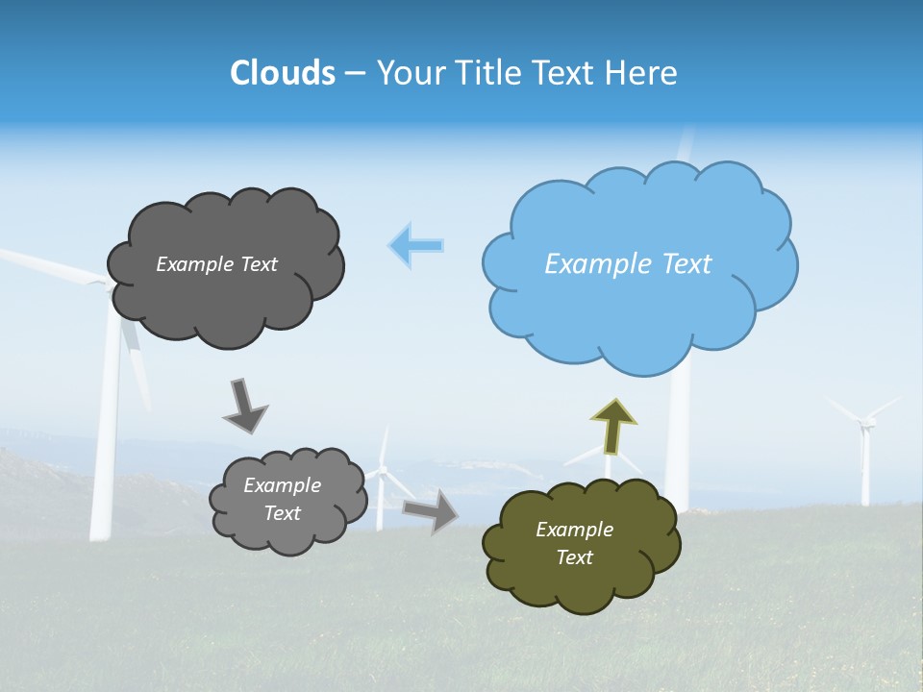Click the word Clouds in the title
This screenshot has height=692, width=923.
(283, 73)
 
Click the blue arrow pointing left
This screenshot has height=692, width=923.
(415, 245)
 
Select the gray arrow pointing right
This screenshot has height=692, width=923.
(431, 510)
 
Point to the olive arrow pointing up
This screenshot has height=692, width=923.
(612, 426)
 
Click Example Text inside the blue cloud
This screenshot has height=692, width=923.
(628, 264)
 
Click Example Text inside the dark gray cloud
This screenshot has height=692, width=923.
(216, 264)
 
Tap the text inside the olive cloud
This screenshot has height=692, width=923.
(574, 543)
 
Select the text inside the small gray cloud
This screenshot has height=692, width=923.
(282, 499)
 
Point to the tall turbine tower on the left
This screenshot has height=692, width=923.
(106, 432)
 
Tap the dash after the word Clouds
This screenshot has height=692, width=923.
(355, 73)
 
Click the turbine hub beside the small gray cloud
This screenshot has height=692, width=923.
(384, 470)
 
